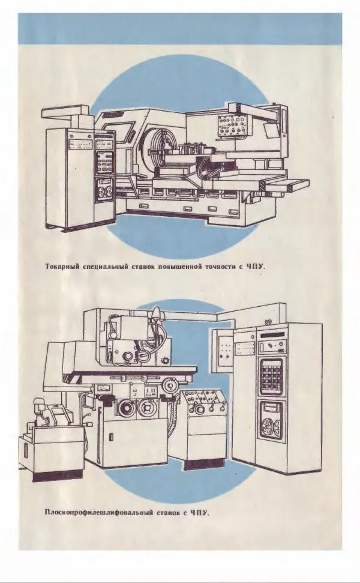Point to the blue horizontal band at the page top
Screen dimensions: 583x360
point(180,28)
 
